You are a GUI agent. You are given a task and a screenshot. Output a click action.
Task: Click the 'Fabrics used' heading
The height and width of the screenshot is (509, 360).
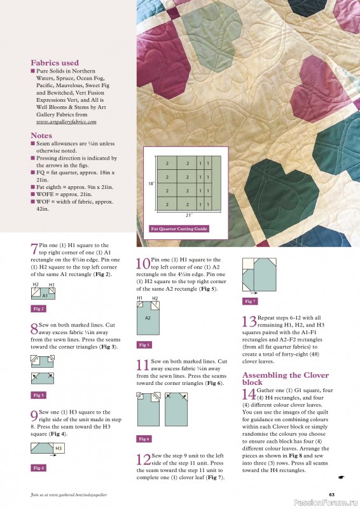[55, 63]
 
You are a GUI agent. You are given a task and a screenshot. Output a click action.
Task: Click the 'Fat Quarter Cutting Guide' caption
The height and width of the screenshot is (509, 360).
[179, 228]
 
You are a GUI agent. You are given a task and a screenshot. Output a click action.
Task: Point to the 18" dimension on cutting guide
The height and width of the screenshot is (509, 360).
[150, 183]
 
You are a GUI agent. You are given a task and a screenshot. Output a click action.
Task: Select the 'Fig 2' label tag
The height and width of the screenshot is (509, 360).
[38, 308]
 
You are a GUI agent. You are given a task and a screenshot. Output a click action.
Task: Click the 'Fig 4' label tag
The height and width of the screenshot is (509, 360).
[38, 468]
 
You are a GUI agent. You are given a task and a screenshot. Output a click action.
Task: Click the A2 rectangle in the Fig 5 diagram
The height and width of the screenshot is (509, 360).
[148, 317]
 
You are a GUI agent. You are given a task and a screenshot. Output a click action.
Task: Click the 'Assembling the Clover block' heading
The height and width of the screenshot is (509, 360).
[285, 379]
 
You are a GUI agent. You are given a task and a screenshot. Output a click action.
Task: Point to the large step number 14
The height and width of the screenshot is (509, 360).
[249, 395]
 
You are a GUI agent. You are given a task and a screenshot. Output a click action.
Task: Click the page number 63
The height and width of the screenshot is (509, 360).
[331, 494]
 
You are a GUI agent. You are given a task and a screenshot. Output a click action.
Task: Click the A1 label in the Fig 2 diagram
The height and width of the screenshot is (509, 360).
[45, 295]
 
